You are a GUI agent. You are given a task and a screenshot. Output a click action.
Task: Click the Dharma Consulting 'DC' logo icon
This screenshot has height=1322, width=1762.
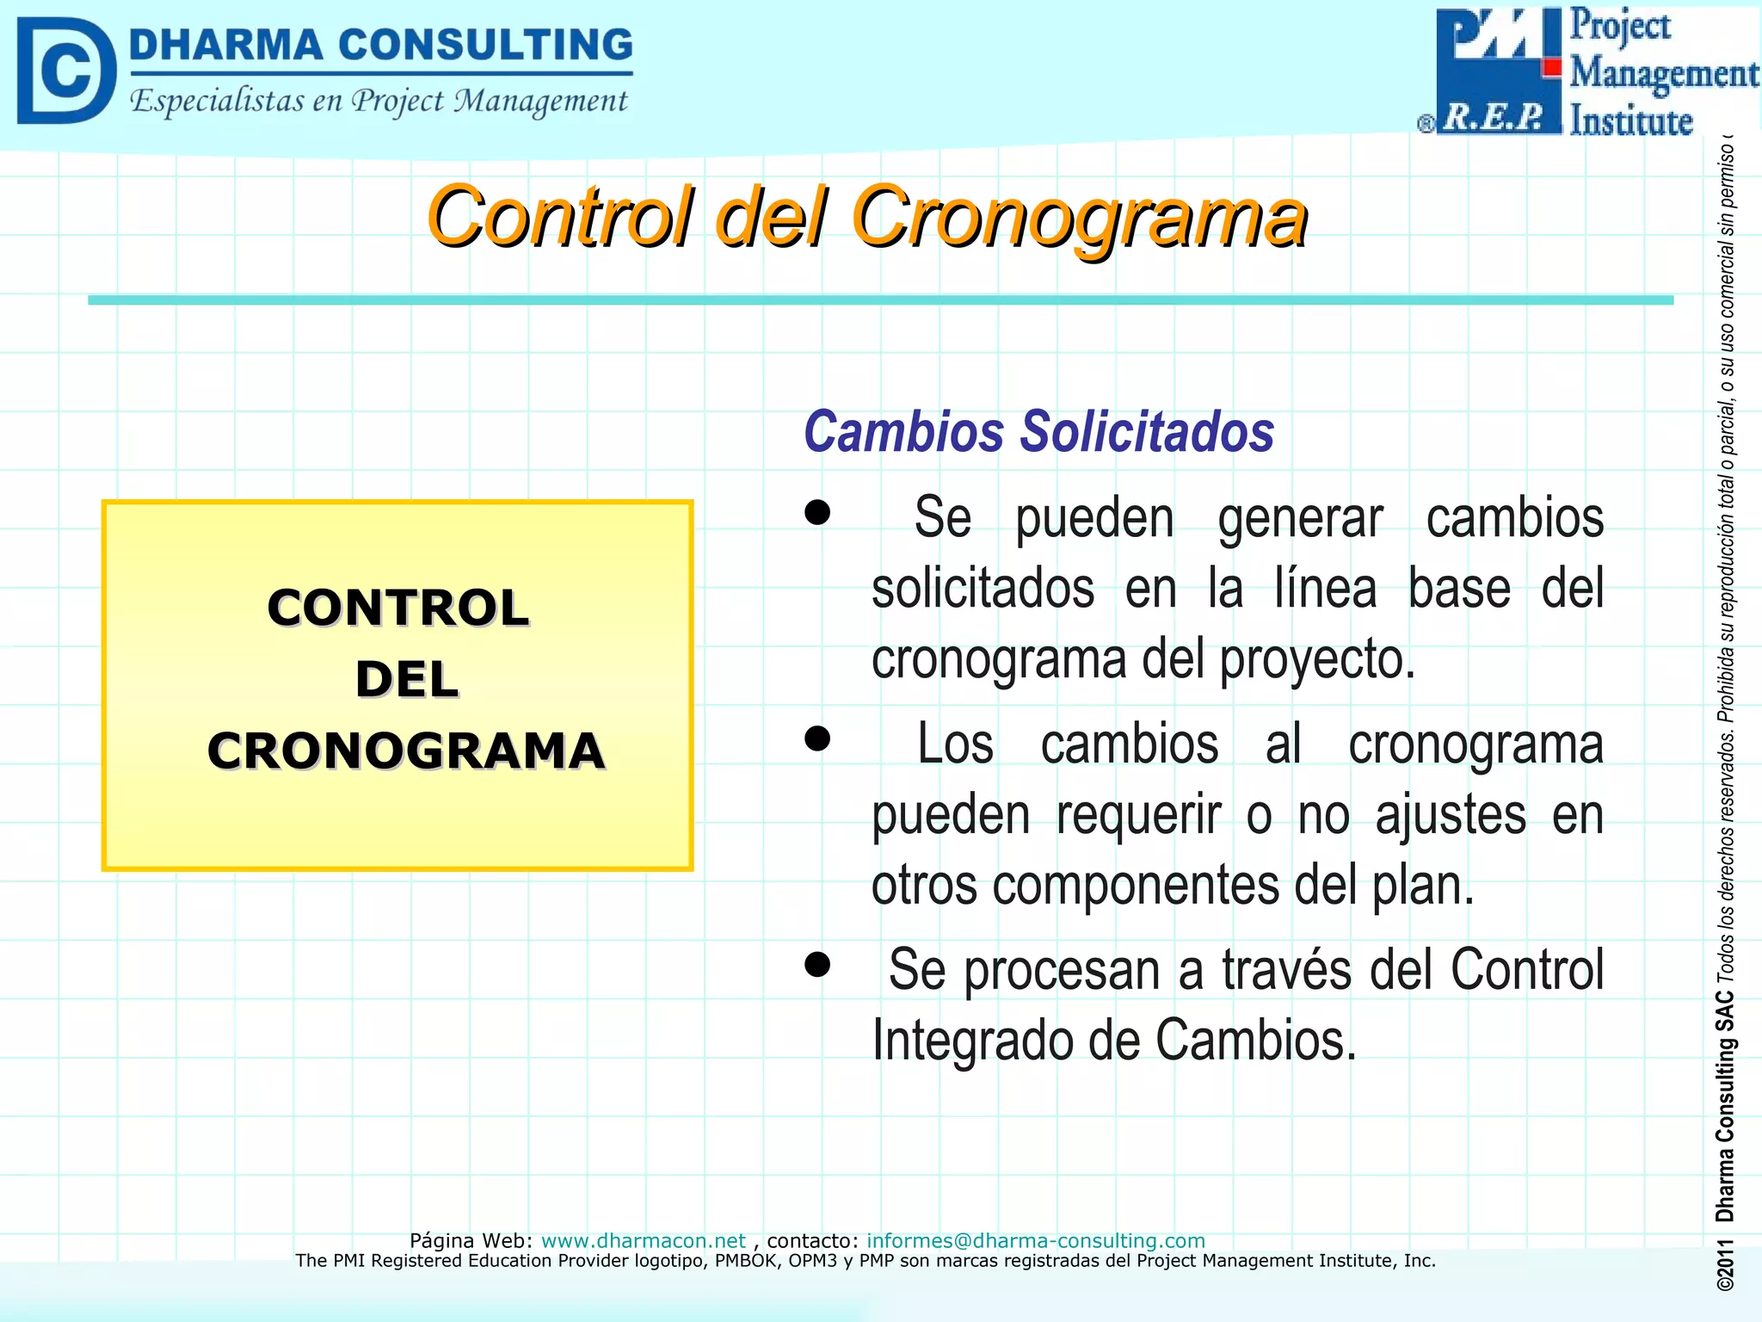pyautogui.click(x=66, y=71)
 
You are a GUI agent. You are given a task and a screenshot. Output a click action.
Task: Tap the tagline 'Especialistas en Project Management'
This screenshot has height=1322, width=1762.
pyautogui.click(x=379, y=102)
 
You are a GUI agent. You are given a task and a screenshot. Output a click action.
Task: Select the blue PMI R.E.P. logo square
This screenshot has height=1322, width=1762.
pyautogui.click(x=1497, y=71)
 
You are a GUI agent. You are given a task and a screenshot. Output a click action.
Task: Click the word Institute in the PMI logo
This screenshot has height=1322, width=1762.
pyautogui.click(x=1630, y=120)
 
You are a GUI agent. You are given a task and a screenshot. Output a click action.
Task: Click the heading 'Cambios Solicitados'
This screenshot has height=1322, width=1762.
pyautogui.click(x=1038, y=431)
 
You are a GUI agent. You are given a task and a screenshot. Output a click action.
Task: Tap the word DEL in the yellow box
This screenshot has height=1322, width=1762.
pyautogui.click(x=406, y=680)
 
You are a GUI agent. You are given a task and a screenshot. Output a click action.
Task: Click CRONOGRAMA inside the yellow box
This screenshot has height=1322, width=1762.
pyautogui.click(x=406, y=751)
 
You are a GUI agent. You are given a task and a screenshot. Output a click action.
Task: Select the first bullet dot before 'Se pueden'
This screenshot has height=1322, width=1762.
pyautogui.click(x=816, y=513)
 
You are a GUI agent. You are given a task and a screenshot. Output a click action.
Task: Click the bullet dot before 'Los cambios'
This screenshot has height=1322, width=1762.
pyautogui.click(x=816, y=738)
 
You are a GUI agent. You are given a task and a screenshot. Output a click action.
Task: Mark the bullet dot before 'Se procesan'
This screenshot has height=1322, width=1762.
pyautogui.click(x=816, y=964)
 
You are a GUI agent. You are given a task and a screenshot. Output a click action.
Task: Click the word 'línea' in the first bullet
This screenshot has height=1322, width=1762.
pyautogui.click(x=1325, y=589)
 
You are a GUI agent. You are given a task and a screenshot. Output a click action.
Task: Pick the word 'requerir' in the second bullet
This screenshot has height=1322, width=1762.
pyautogui.click(x=1138, y=814)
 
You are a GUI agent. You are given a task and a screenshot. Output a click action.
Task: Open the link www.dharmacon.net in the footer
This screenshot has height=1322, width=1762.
pyautogui.click(x=643, y=1240)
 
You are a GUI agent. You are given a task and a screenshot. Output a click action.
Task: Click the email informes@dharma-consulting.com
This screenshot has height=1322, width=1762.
pyautogui.click(x=1035, y=1240)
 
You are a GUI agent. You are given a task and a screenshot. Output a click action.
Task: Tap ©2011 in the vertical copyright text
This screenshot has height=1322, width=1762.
pyautogui.click(x=1724, y=1266)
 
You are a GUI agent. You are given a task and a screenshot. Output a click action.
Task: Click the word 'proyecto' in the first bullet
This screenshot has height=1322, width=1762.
pyautogui.click(x=1316, y=660)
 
